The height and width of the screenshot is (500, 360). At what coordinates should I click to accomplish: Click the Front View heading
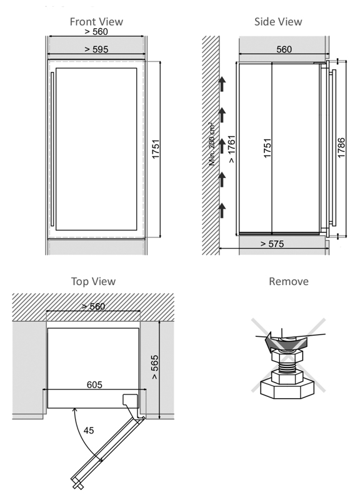click(x=96, y=22)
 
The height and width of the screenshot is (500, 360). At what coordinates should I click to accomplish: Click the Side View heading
click(x=278, y=22)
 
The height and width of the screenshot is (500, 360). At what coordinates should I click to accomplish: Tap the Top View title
click(x=93, y=282)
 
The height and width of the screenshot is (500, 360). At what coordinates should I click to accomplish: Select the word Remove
click(x=289, y=281)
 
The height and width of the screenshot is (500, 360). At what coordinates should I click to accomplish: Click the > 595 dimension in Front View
click(x=96, y=49)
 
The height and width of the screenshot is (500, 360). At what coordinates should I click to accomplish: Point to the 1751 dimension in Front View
click(x=156, y=149)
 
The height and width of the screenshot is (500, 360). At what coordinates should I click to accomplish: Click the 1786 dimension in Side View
click(x=341, y=147)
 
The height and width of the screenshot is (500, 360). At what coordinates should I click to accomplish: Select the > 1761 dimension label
click(x=232, y=149)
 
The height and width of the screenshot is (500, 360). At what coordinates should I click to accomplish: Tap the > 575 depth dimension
click(x=272, y=244)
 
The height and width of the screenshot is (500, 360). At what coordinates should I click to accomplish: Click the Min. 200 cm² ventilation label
click(x=212, y=144)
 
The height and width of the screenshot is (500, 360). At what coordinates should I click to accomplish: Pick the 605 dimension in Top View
click(x=94, y=384)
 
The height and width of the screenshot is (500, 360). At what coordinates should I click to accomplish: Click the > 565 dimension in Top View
click(x=154, y=367)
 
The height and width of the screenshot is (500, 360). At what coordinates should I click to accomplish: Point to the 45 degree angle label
click(x=89, y=430)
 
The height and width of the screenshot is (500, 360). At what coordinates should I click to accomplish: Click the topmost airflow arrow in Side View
click(x=222, y=84)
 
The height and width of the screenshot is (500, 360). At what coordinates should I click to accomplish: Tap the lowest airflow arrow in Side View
click(x=222, y=210)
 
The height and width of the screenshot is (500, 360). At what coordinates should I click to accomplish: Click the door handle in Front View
click(x=52, y=149)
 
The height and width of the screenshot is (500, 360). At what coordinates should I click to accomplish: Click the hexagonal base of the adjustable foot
click(x=287, y=388)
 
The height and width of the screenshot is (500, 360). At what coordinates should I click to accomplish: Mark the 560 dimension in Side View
click(x=284, y=49)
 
